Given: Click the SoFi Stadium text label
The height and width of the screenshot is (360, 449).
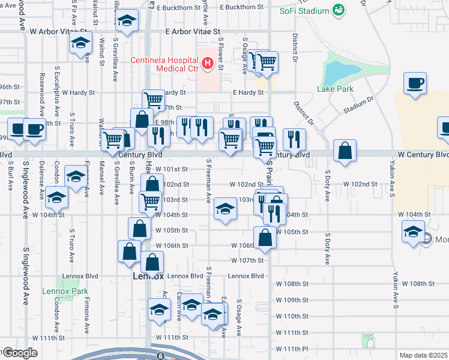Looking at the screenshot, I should point(304,11).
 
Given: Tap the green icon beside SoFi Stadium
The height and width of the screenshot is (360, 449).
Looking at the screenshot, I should point(339,10).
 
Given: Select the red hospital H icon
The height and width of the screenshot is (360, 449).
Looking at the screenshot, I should point(208,62).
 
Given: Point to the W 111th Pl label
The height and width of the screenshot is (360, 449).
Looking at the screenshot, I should point(292,349).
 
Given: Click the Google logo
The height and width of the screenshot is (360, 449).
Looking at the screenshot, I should point(20,353).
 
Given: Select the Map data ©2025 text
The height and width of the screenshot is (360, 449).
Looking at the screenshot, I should point(423,355).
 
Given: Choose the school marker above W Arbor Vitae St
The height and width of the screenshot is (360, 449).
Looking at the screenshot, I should point(127,22).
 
